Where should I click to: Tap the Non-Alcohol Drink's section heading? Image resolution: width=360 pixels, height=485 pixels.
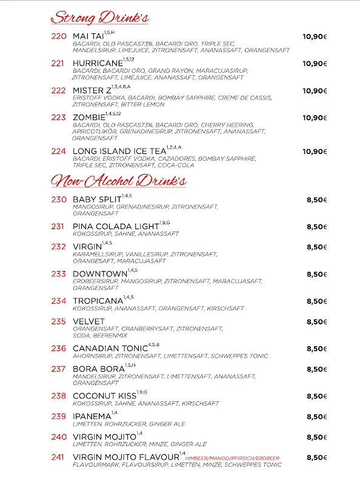click(119, 180)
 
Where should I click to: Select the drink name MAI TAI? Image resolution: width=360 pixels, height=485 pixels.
click(88, 37)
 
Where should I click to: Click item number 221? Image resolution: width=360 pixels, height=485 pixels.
click(58, 64)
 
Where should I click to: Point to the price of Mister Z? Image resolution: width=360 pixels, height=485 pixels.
click(315, 91)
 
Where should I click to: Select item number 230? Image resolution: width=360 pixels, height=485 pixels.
click(58, 199)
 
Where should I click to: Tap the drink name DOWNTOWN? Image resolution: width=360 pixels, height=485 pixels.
click(99, 274)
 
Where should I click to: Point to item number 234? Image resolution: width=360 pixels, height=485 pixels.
click(58, 301)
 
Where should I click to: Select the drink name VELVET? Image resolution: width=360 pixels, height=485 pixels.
click(88, 321)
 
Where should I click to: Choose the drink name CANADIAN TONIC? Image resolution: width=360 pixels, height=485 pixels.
click(110, 349)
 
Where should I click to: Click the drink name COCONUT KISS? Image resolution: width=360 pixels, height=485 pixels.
click(104, 396)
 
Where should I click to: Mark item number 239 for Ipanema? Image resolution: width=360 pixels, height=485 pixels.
click(58, 416)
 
